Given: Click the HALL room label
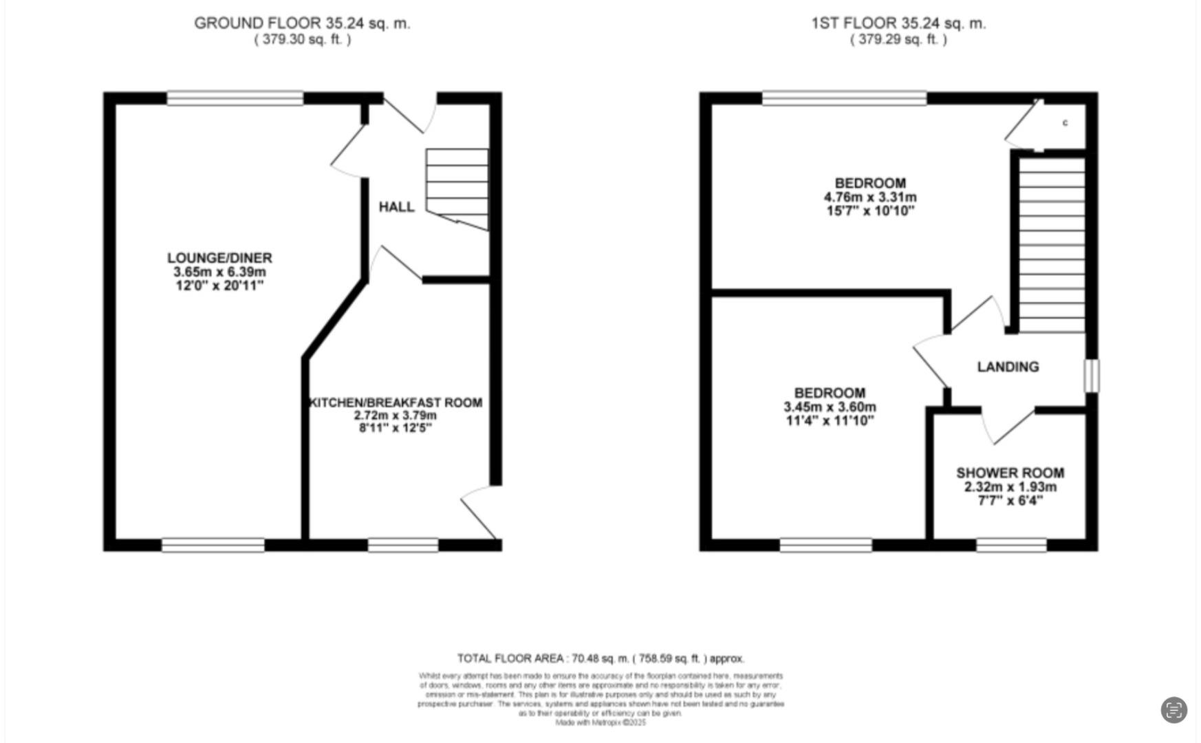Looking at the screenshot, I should (x=396, y=206).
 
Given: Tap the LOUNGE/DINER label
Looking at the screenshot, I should (x=219, y=258).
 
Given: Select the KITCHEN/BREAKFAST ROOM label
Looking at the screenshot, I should (x=396, y=402).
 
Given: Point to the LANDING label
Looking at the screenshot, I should (x=1008, y=367).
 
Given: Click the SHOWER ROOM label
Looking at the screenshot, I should (x=1010, y=473).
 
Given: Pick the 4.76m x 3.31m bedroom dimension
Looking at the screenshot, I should (x=870, y=197).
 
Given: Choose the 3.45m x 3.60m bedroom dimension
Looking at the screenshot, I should (x=830, y=407).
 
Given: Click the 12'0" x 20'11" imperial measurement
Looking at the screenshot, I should (x=219, y=286).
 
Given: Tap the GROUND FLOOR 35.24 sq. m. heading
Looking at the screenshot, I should (x=302, y=23).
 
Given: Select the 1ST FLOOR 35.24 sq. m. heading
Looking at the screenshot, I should (x=898, y=23).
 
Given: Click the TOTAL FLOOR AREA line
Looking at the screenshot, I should (x=600, y=658).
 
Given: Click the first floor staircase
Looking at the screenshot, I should (x=1051, y=244).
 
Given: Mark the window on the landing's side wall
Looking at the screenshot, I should (x=1092, y=376).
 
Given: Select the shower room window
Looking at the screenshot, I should (x=1011, y=546).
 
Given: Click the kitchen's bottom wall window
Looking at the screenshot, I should (x=403, y=546).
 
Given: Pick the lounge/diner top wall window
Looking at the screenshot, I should (x=235, y=98).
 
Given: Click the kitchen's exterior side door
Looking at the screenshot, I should (x=479, y=513).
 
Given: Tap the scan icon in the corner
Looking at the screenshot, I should (x=1173, y=710).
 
